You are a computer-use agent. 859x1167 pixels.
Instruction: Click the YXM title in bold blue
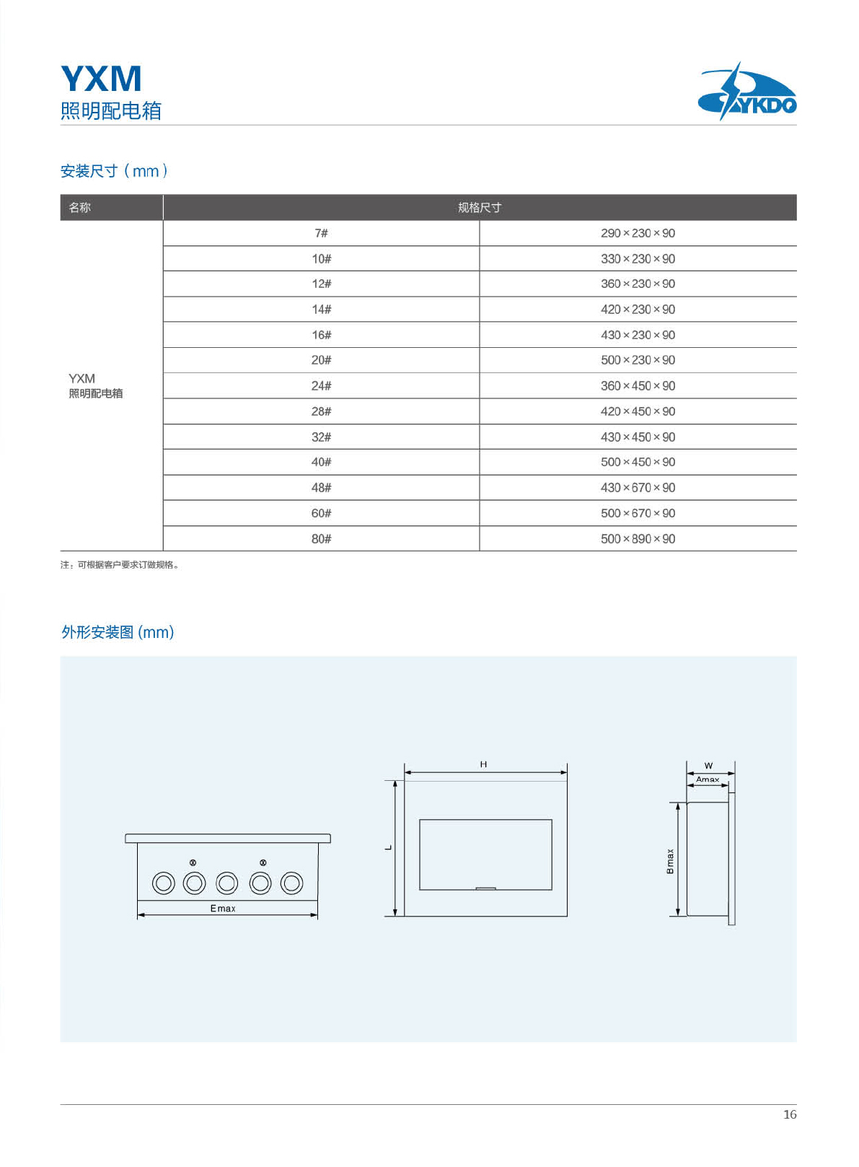coord(101,79)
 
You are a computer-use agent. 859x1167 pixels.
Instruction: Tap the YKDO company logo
coord(747,92)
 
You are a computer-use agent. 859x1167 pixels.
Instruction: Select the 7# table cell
coord(321,233)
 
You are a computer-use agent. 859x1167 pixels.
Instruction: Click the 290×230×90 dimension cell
coord(638,233)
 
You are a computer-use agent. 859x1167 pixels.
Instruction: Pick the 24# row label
coord(321,386)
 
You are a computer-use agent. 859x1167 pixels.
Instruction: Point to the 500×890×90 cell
coord(638,539)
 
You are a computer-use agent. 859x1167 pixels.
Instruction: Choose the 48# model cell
coord(321,488)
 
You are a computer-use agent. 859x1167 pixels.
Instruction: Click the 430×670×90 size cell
coord(638,488)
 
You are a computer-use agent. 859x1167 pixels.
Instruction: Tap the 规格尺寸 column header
coord(480,208)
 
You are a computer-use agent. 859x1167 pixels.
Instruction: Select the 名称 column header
coord(80,208)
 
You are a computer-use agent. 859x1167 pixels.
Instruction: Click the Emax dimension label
coord(223,909)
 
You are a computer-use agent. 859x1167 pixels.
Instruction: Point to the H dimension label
coord(483,764)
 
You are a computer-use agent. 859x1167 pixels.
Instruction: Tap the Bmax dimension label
coord(670,861)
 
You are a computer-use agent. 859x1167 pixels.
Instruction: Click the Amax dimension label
coord(708,779)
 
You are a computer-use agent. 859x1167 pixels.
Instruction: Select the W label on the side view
coord(708,766)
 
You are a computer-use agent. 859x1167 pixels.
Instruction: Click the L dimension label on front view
coord(388,848)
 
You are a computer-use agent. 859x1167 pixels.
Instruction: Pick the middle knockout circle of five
coord(227,883)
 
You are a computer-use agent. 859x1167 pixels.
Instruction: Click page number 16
coord(790,1114)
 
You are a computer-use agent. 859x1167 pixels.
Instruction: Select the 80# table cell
coord(321,539)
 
